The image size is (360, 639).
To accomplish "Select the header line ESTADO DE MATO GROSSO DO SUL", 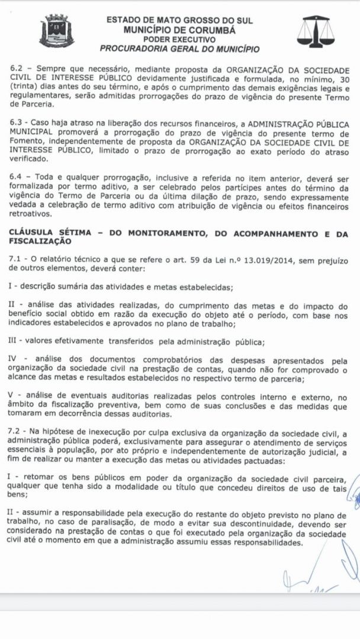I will (179, 20).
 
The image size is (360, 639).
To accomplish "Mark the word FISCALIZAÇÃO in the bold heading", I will (42, 241).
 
